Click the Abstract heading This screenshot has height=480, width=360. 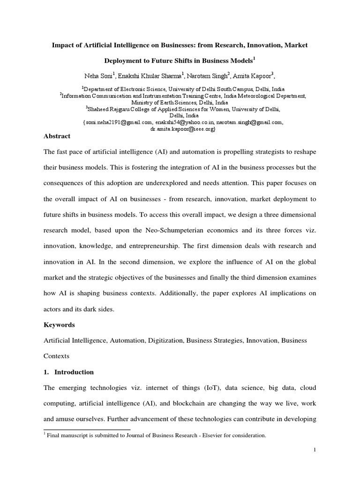tap(57, 136)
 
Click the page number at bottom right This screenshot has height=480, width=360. tap(315, 463)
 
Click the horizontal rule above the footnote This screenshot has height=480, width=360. tap(87, 429)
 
